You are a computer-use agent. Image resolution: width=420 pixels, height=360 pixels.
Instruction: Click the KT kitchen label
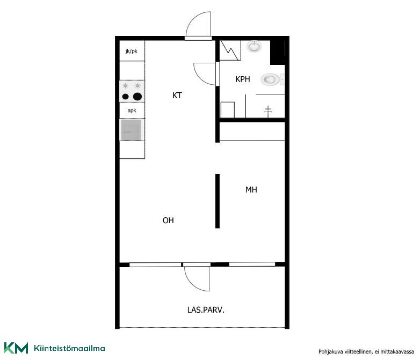177,95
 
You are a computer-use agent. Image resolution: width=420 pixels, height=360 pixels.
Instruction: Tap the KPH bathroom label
243,79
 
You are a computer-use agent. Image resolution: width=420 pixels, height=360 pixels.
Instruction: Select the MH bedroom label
251,190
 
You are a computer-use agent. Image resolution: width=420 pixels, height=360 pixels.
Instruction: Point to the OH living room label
168,221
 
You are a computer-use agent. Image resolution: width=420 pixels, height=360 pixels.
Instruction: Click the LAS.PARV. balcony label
206,310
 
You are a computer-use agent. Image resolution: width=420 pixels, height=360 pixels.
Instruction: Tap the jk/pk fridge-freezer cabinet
132,50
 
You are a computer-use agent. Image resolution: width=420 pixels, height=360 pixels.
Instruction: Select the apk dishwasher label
132,111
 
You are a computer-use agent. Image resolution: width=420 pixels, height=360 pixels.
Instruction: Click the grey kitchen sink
131,130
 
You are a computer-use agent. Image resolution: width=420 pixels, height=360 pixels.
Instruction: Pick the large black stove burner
137,97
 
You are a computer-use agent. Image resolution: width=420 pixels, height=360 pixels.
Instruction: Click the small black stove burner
125,97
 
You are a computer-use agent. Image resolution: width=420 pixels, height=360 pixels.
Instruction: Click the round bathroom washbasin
254,47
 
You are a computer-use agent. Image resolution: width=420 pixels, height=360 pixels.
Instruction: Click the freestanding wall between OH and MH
218,201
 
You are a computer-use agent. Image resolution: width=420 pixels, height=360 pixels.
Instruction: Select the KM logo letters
16,348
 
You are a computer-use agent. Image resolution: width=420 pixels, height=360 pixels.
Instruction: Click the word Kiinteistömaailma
69,348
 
